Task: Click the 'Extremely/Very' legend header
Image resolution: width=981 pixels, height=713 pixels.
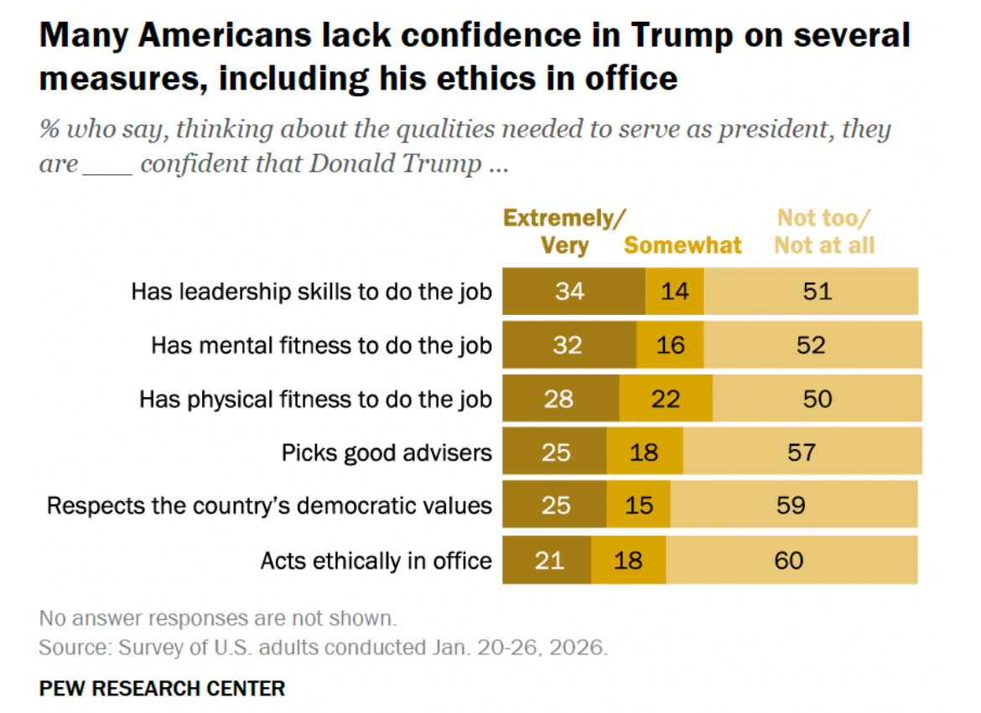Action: tap(563, 232)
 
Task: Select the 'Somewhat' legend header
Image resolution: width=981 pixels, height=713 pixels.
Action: tap(683, 245)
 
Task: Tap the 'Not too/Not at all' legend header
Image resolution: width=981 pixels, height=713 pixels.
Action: tap(824, 232)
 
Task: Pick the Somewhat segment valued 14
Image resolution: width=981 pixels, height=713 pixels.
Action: tap(675, 292)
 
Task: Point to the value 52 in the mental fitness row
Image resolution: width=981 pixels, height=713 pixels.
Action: tap(812, 344)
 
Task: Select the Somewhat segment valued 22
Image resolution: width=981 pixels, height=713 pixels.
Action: tap(666, 398)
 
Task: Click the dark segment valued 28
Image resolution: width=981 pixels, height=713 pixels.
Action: tap(561, 398)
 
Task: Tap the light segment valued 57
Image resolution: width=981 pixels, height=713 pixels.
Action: tap(802, 452)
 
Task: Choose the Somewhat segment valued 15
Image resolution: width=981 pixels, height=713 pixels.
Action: tap(638, 505)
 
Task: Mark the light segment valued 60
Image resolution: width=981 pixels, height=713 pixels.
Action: tap(791, 560)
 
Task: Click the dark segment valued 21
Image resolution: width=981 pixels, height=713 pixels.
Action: tap(547, 560)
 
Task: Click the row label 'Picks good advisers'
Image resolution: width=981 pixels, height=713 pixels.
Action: tap(387, 452)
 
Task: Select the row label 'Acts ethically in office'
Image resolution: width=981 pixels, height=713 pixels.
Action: tap(376, 561)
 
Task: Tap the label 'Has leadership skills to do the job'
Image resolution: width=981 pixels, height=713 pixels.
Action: tap(311, 292)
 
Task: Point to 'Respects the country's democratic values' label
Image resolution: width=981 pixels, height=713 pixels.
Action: tap(269, 506)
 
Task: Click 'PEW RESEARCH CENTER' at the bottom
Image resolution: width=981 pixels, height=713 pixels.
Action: tap(162, 689)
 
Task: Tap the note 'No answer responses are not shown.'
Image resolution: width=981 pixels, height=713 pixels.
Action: tap(217, 619)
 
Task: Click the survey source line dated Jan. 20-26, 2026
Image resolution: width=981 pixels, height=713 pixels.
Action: tap(323, 648)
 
